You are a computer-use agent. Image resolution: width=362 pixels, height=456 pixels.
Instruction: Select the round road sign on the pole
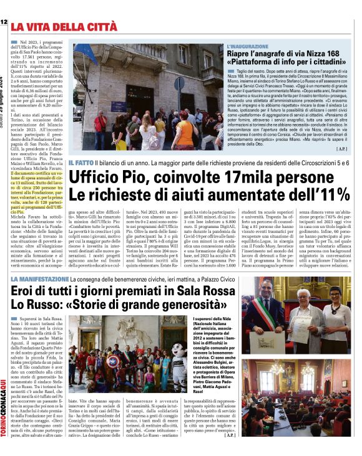(179, 83)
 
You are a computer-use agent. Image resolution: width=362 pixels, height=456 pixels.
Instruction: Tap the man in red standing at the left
(100, 127)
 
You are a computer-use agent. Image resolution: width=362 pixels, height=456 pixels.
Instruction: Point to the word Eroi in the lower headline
(31, 291)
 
